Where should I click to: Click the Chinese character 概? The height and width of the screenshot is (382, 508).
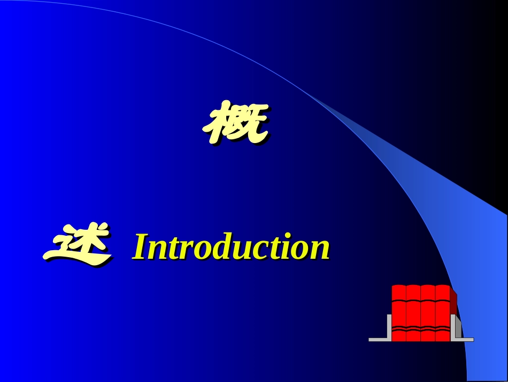[x=235, y=123]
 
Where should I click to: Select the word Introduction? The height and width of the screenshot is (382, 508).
[x=230, y=247]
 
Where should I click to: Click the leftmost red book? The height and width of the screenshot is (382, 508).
[x=399, y=313]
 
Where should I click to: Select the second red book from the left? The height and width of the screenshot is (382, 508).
[x=413, y=313]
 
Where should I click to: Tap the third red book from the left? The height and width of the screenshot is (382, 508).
[x=428, y=313]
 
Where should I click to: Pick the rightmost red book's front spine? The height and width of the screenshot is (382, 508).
[x=442, y=313]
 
